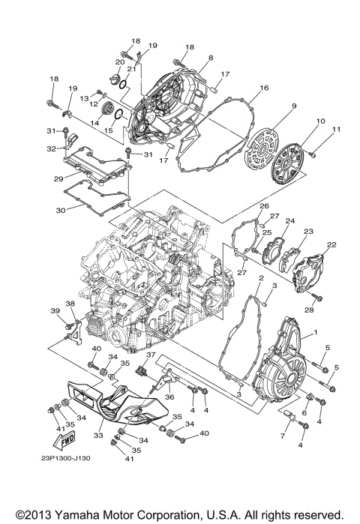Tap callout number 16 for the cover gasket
pyautogui.click(x=264, y=88)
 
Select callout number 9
pyautogui.click(x=295, y=106)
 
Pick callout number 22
pyautogui.click(x=331, y=245)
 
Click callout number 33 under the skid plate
pyautogui.click(x=97, y=435)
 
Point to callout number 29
pyautogui.click(x=57, y=179)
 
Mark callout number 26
pyautogui.click(x=264, y=205)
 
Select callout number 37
pyautogui.click(x=150, y=355)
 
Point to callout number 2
pyautogui.click(x=260, y=278)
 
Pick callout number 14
pyautogui.click(x=94, y=122)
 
